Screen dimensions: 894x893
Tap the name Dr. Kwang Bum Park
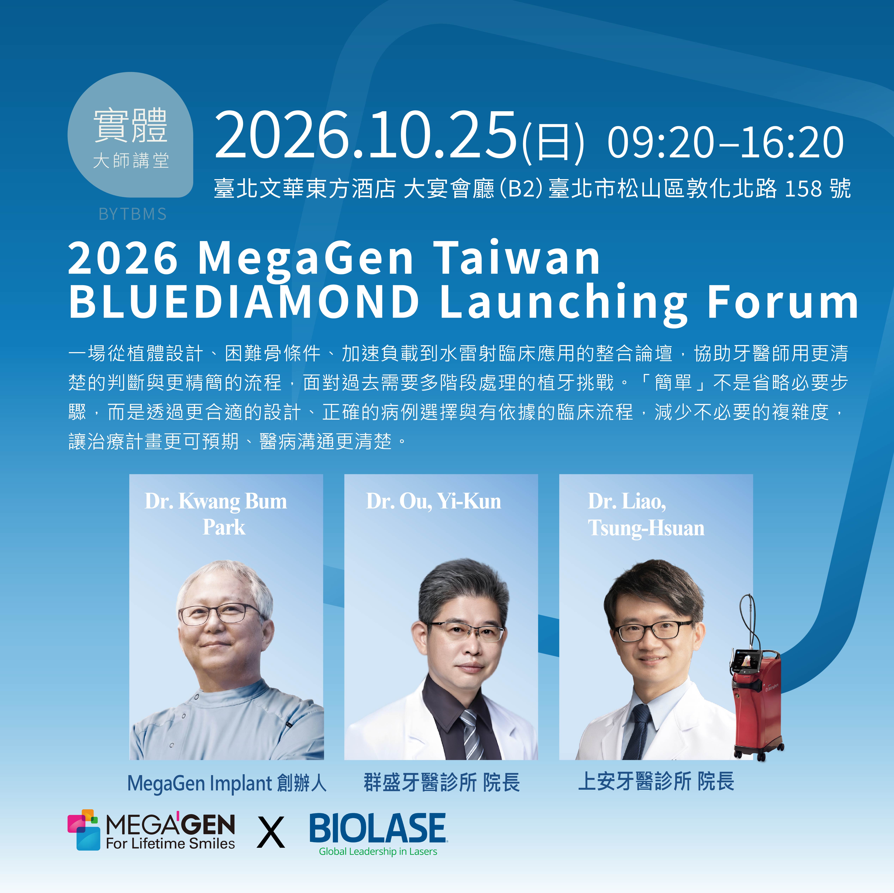216,514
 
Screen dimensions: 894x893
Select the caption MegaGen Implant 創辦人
227,783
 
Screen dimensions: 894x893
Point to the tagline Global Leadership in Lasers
378,851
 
